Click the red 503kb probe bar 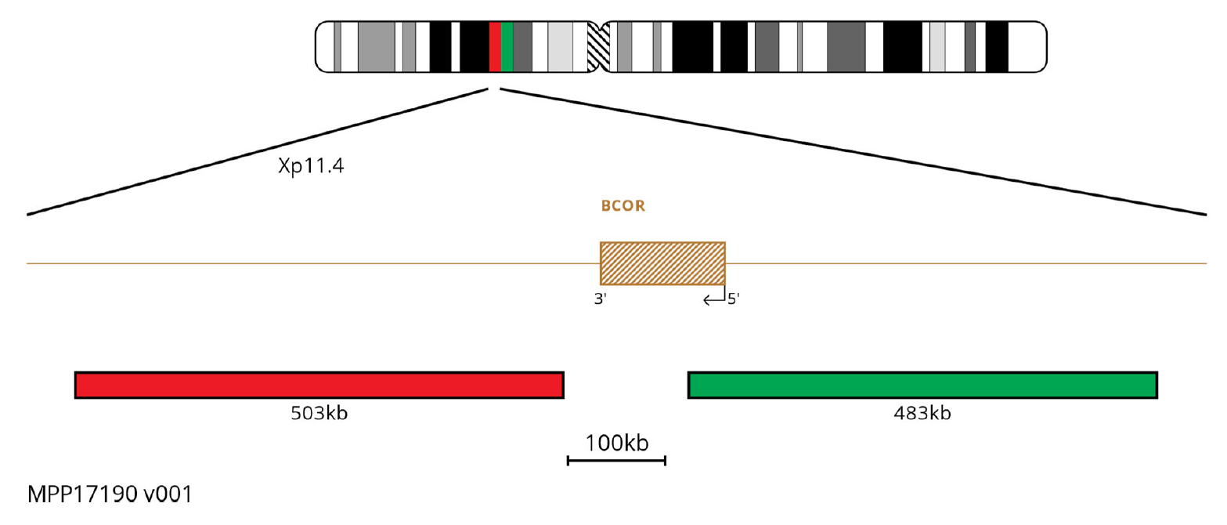tap(319, 385)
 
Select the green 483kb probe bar tap(922, 385)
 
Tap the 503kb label tap(319, 413)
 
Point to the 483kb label tap(922, 413)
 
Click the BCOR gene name tap(623, 207)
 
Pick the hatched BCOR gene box tap(662, 263)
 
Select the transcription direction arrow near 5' tap(713, 298)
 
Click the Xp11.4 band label tap(311, 167)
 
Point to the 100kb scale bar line tap(616, 460)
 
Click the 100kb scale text tap(617, 443)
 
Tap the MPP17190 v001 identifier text tap(109, 495)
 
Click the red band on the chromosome tap(495, 47)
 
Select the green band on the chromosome tap(507, 47)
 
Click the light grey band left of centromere tap(560, 47)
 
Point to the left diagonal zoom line tap(258, 151)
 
